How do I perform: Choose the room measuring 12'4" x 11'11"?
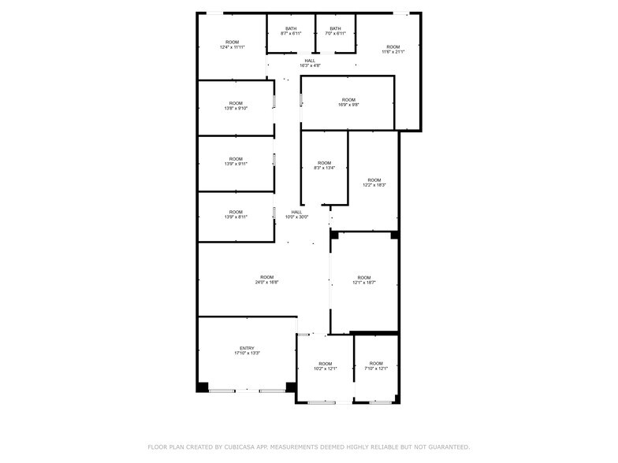click(232, 45)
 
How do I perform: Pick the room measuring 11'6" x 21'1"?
click(393, 49)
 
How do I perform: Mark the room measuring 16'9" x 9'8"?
click(348, 102)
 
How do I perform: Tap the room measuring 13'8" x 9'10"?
click(236, 106)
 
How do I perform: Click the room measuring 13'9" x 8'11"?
click(236, 214)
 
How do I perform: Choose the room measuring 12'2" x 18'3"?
click(374, 182)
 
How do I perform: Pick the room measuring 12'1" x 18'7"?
click(363, 280)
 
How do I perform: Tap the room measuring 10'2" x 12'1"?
click(325, 366)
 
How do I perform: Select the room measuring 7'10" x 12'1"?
click(376, 366)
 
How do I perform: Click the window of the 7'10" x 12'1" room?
click(381, 402)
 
